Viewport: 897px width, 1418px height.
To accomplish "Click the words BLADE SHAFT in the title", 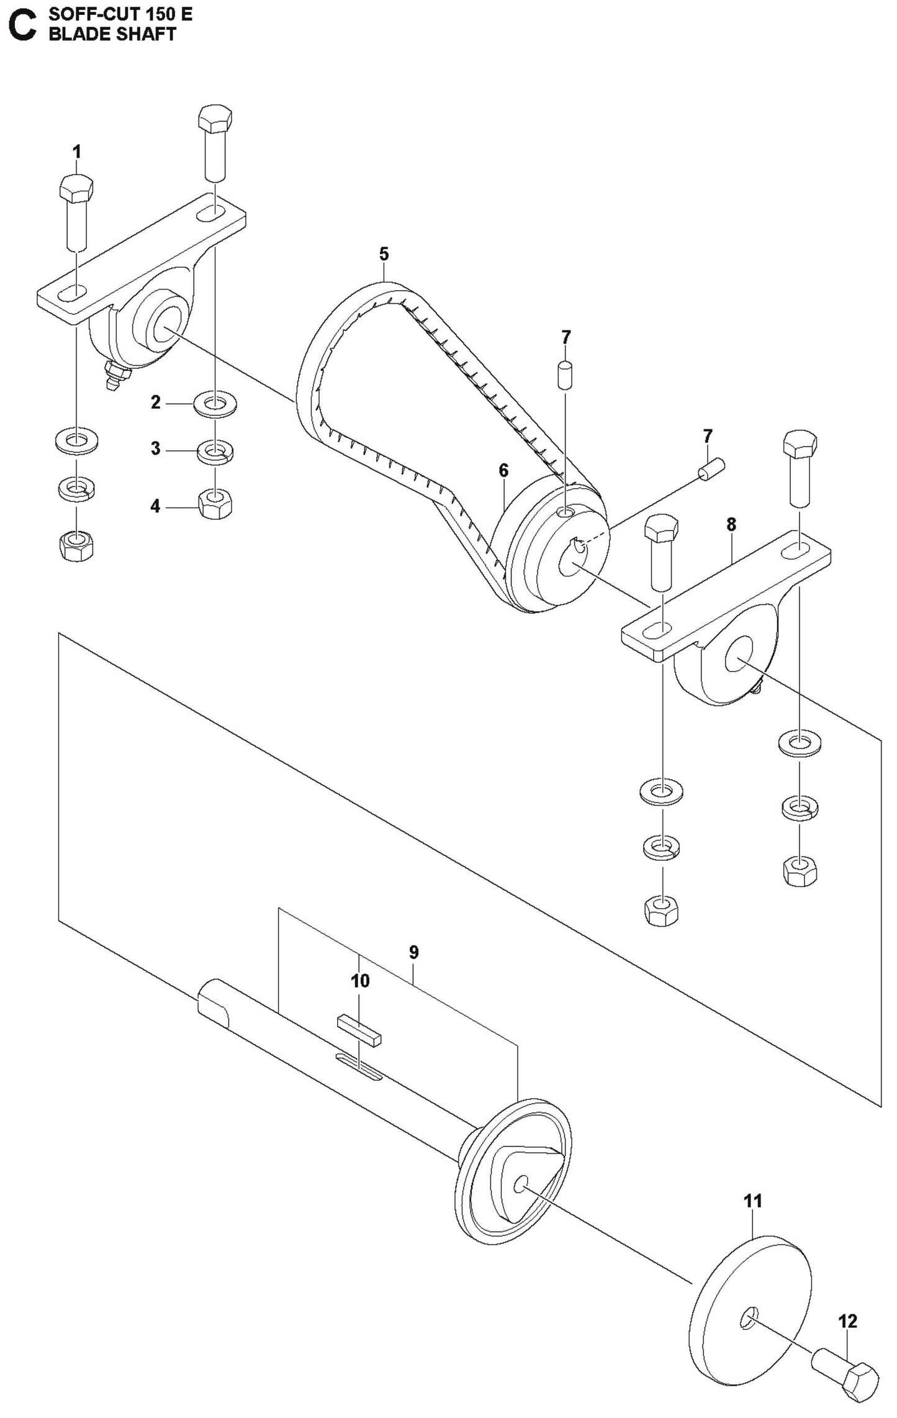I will click(x=112, y=35).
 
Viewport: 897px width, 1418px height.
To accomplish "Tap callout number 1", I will click(x=76, y=152).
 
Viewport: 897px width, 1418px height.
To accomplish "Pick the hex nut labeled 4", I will click(x=215, y=504).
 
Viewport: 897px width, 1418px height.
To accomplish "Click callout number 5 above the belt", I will click(x=384, y=254).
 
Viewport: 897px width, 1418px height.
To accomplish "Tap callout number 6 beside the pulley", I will click(x=503, y=471).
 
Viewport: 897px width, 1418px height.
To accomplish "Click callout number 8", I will click(x=731, y=525).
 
